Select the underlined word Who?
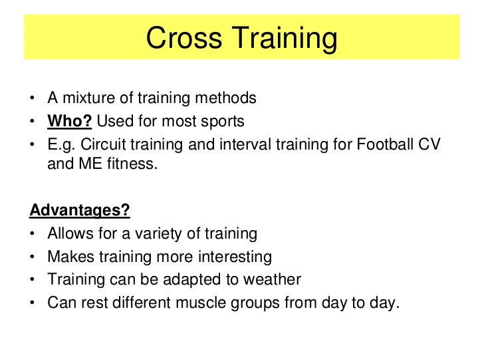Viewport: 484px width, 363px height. (70, 122)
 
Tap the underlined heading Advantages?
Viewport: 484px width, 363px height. (80, 211)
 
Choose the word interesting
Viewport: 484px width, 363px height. (231, 257)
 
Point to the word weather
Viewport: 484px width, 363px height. (273, 280)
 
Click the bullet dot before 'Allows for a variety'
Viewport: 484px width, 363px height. (33, 234)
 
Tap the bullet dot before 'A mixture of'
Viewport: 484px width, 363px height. (33, 98)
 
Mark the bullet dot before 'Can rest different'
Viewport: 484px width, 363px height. (33, 303)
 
